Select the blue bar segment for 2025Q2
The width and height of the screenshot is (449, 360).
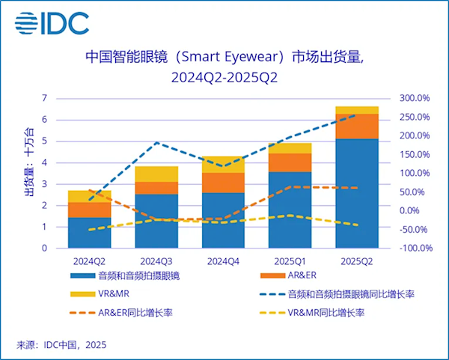(357, 192)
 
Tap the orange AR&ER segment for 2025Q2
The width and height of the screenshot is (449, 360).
(357, 126)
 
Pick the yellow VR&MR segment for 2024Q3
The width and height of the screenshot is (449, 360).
(156, 174)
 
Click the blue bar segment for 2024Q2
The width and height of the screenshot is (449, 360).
(89, 232)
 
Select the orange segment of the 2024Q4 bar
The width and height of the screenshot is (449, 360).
(223, 183)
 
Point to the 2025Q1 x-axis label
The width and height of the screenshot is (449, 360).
(290, 260)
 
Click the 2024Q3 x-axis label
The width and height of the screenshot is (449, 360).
(156, 260)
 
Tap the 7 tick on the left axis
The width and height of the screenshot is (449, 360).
(44, 98)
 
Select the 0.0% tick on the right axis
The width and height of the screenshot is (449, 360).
(418, 210)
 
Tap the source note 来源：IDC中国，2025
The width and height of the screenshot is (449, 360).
(61, 344)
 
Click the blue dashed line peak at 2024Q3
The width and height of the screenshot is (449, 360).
(156, 142)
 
